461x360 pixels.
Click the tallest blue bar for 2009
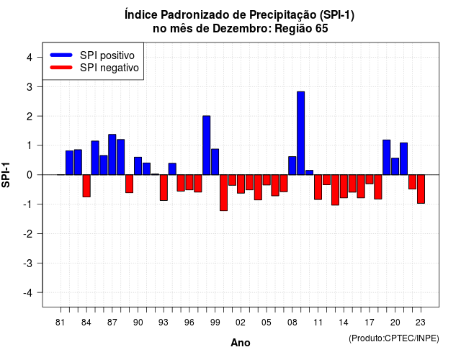click(300, 133)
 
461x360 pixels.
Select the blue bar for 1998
click(207, 145)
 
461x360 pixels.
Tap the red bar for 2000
click(223, 193)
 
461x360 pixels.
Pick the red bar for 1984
click(86, 186)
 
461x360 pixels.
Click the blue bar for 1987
click(112, 155)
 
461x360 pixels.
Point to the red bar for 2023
click(421, 189)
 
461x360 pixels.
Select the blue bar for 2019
click(386, 157)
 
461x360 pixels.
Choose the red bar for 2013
click(335, 190)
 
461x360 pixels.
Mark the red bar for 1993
click(164, 188)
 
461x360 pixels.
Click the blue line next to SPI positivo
click(61, 55)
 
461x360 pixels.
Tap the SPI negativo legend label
click(109, 68)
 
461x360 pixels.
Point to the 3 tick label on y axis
click(30, 87)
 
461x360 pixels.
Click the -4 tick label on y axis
click(28, 293)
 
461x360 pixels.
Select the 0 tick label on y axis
click(30, 175)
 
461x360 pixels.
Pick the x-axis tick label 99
click(215, 323)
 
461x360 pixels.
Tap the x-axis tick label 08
click(292, 323)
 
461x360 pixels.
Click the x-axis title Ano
click(241, 343)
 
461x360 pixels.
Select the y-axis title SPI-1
click(6, 175)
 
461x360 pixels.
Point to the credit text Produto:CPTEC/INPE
click(394, 338)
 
